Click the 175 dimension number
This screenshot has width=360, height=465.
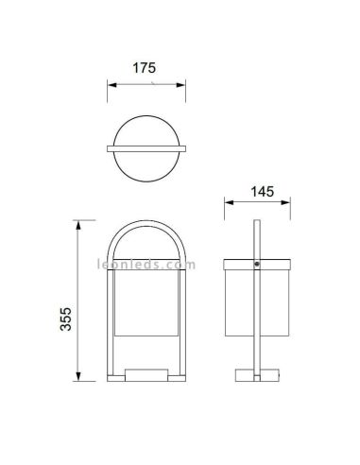point(146,69)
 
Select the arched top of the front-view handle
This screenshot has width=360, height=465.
point(146,225)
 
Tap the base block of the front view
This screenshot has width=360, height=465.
point(146,375)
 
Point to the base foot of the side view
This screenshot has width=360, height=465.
point(258,375)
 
